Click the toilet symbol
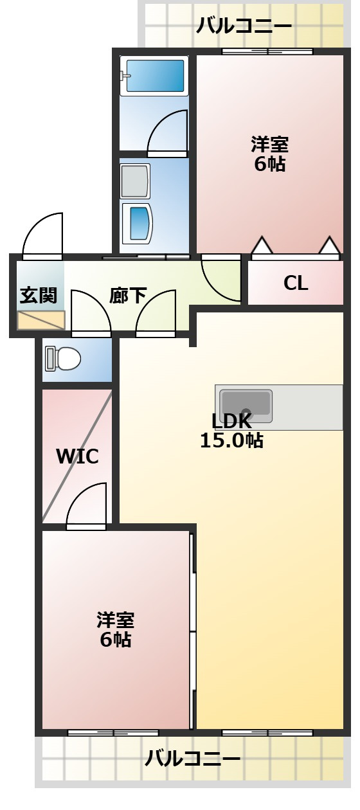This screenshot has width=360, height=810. [62, 359]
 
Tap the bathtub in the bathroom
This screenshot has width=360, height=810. [154, 76]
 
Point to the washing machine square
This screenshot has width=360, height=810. [135, 181]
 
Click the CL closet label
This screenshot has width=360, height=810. [296, 283]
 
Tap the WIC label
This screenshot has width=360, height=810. [77, 456]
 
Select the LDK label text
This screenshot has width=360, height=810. [231, 421]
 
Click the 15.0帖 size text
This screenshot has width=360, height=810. [231, 441]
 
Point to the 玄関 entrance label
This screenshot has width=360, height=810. [39, 295]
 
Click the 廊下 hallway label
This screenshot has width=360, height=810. [128, 295]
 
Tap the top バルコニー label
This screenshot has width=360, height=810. [244, 26]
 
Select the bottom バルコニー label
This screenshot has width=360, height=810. [193, 759]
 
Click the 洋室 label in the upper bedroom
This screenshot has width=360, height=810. [269, 144]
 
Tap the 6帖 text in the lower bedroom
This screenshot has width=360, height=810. [116, 640]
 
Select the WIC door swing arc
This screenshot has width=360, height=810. [87, 505]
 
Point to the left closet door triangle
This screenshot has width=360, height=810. [262, 246]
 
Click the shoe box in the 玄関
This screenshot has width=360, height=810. [41, 320]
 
